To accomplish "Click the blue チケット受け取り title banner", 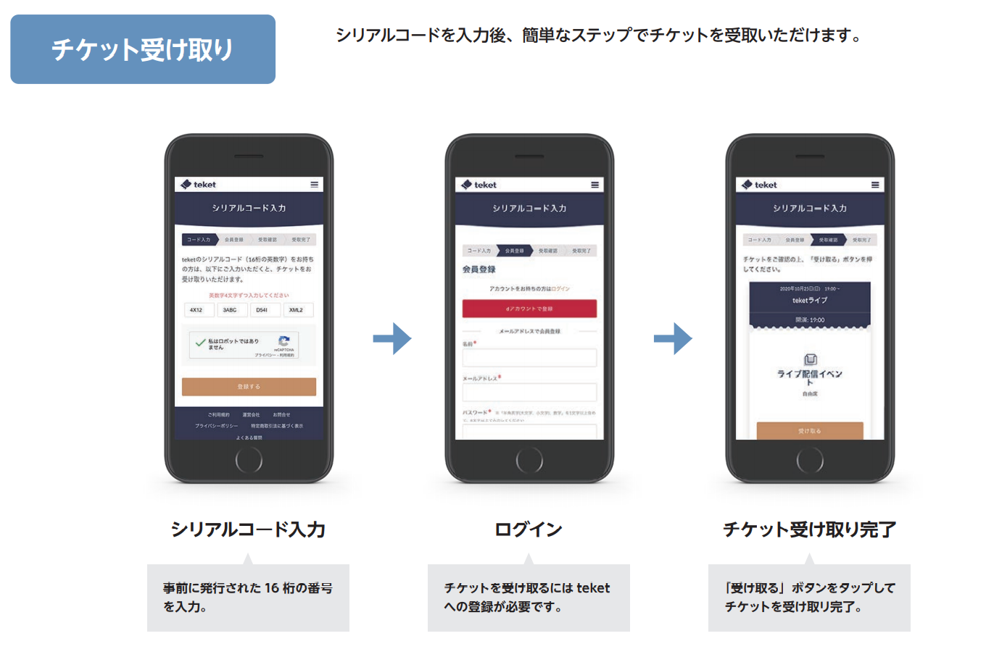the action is [143, 49].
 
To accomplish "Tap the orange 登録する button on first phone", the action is [249, 387].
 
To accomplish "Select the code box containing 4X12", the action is [196, 310].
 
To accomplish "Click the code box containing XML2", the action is [297, 310].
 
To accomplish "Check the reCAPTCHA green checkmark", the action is [200, 343].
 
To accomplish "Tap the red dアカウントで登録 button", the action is [529, 309].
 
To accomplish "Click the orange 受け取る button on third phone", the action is [809, 431].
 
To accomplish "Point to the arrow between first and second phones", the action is [392, 338].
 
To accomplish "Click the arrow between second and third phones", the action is [673, 338].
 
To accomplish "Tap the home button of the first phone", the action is [249, 459].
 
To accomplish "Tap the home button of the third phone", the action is [809, 459].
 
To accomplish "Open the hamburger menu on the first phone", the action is [315, 185].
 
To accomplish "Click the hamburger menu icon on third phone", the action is [875, 185].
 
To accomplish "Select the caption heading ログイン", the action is [529, 530].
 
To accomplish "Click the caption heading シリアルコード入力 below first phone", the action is [248, 530].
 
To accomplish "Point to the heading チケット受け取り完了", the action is [809, 530].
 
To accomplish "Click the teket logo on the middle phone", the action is [479, 185].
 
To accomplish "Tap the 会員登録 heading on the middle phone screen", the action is [479, 269].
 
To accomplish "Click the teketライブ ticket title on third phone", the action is [809, 300].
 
